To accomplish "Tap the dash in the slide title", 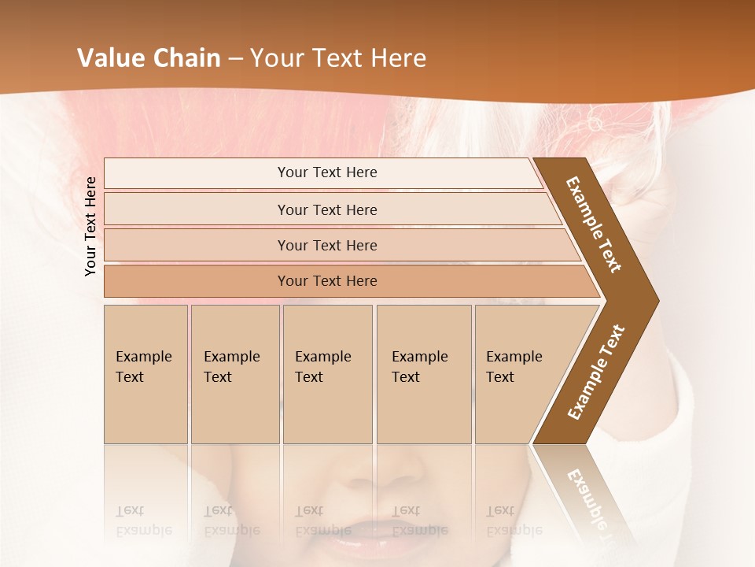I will click(235, 59).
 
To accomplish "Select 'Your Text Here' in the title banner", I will click(338, 58).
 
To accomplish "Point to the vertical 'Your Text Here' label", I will click(90, 226).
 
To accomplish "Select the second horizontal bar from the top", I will click(326, 209).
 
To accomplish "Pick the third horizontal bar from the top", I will click(326, 245).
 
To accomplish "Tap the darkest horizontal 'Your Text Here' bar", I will click(326, 281).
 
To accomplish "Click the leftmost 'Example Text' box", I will click(145, 374).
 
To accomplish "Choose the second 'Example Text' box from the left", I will click(235, 374).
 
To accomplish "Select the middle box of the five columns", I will click(327, 374).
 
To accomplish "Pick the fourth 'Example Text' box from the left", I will click(424, 374).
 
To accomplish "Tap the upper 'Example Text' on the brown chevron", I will click(594, 224).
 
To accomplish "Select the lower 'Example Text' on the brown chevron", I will click(595, 372).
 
